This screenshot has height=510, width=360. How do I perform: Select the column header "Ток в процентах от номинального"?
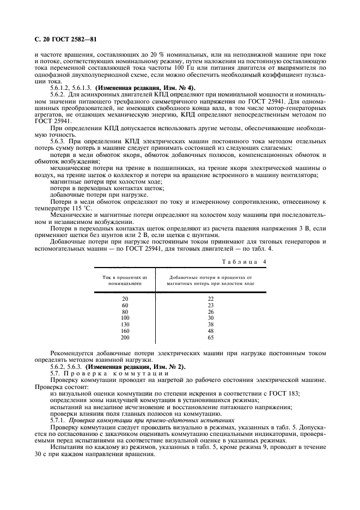(x=125, y=281)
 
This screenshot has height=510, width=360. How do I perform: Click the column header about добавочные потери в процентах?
(x=211, y=281)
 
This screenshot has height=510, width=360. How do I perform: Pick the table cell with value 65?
(x=211, y=338)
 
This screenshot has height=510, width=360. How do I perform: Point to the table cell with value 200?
(x=125, y=338)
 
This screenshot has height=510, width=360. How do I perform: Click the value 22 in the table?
(x=211, y=299)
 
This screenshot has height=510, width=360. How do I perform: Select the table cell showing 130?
(x=125, y=325)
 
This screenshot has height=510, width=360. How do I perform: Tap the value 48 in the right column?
(x=211, y=331)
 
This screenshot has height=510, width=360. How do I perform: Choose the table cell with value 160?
(x=125, y=331)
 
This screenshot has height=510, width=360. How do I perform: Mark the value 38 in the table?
(x=211, y=325)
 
